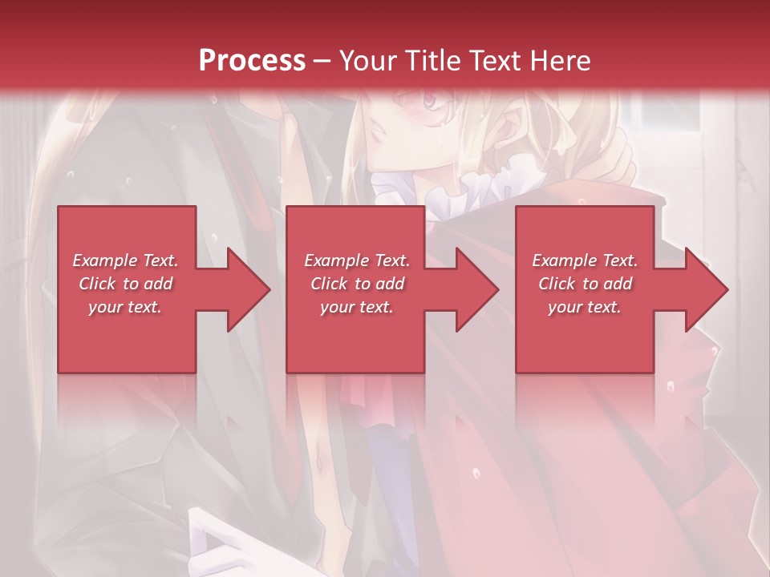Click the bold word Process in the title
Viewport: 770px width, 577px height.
tap(252, 61)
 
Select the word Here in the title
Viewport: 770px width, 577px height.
tap(561, 61)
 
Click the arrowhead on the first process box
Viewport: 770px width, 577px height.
tap(249, 289)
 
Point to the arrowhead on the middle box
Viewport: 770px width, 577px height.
tap(477, 289)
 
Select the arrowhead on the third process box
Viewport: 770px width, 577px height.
tap(707, 289)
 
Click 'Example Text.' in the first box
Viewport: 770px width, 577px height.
tap(125, 260)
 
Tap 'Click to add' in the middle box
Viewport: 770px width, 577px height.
tap(357, 284)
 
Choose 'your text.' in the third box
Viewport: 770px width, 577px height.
tap(585, 307)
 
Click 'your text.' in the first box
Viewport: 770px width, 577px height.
tap(125, 307)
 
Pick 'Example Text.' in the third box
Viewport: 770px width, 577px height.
tap(585, 260)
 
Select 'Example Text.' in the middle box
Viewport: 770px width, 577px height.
tap(357, 260)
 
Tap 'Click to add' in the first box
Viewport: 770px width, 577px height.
tap(125, 284)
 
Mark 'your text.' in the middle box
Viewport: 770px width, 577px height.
tap(357, 307)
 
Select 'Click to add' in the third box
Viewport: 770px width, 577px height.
tap(585, 284)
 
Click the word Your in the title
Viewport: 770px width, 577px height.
tap(366, 61)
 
